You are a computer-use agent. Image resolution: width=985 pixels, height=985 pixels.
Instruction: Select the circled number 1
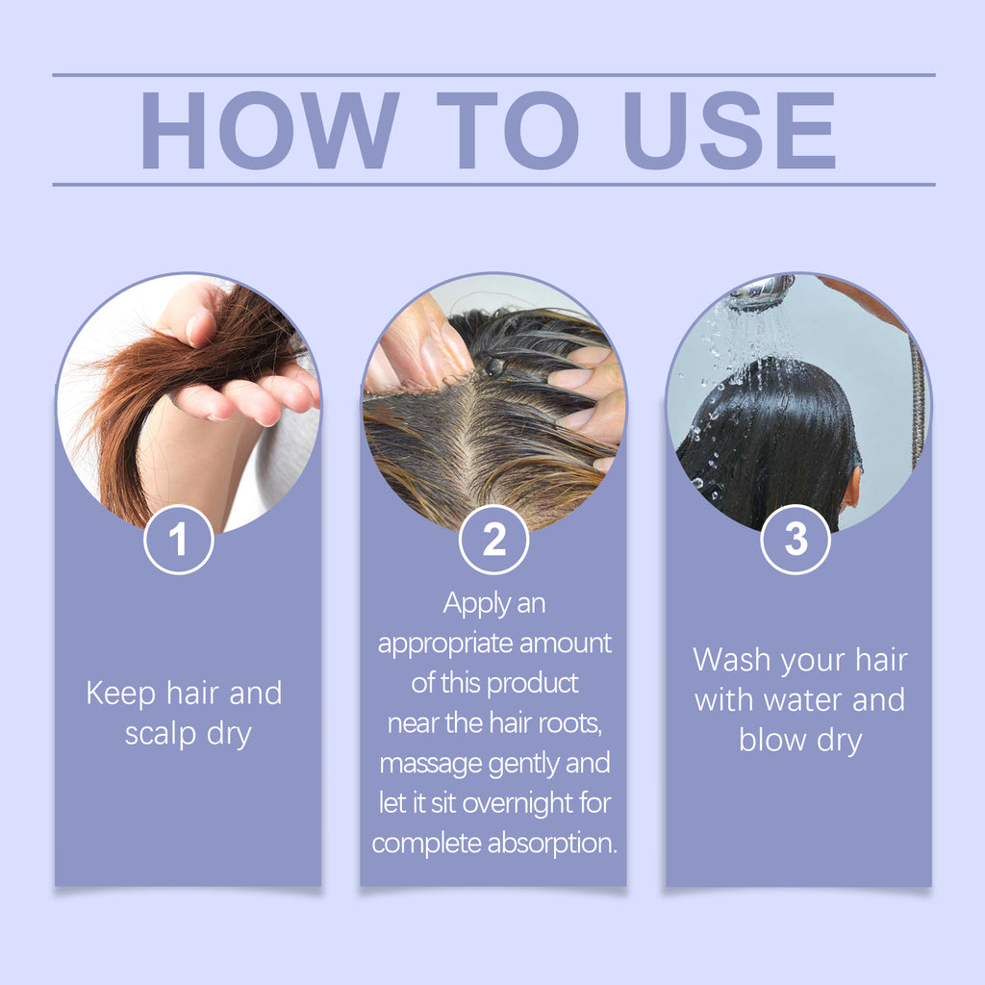click(x=178, y=541)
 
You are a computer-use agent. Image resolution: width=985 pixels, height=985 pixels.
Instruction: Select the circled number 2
click(x=493, y=541)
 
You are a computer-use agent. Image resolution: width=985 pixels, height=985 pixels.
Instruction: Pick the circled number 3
click(x=796, y=541)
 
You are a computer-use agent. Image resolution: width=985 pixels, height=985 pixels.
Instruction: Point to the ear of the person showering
click(x=852, y=489)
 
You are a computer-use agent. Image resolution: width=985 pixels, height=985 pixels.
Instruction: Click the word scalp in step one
click(x=162, y=735)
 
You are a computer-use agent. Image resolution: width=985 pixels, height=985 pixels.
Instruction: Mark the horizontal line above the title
click(x=492, y=75)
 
